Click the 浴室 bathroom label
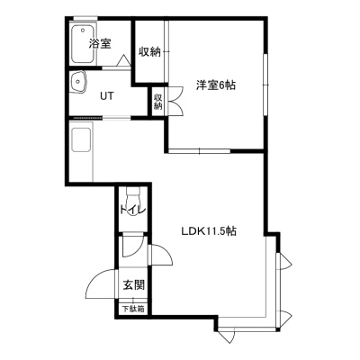pos(100,44)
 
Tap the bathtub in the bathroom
pos(83,44)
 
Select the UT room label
pos(107,96)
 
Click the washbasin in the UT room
pos(78,82)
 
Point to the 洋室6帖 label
pos(215,85)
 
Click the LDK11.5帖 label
pos(209,231)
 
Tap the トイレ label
pos(132,209)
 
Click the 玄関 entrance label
pos(134,284)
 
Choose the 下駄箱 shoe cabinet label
pos(133,309)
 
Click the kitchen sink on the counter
pos(81,139)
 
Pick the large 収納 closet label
pos(149,52)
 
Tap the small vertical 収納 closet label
pos(158,102)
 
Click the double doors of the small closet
pos(175,101)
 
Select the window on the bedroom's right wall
pos(265,85)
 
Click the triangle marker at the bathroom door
pos(123,60)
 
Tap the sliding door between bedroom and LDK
pos(199,151)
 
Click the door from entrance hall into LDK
pos(159,255)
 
